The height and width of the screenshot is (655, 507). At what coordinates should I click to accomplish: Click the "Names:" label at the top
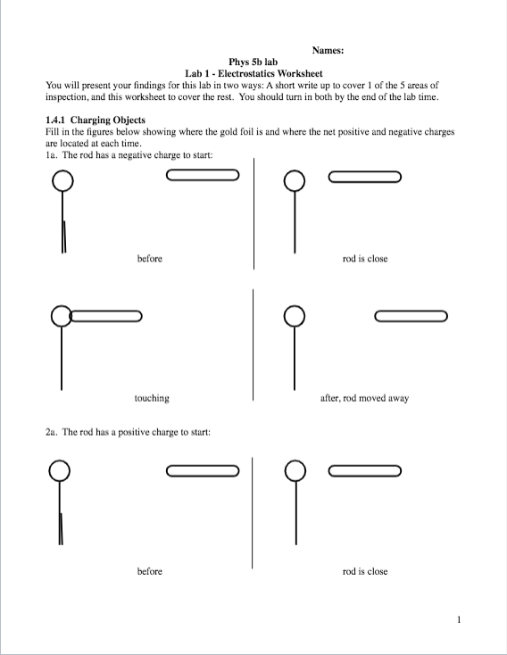328,51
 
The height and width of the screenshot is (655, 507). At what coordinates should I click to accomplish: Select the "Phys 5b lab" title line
253,62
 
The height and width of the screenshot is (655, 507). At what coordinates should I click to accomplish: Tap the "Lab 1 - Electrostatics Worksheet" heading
253,73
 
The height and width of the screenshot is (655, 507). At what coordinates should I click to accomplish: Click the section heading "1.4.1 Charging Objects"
95,120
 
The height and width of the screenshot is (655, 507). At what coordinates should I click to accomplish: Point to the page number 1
458,618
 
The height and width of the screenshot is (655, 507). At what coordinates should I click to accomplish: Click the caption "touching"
152,398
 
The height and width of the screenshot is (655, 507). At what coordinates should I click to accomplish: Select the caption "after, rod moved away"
364,398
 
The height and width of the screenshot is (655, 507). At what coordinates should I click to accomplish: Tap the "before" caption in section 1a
150,259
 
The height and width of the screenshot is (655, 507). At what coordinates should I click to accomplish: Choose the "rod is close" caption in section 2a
365,571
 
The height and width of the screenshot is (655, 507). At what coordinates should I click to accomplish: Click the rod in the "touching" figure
106,316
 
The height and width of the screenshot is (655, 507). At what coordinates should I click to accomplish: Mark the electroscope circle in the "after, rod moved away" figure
295,316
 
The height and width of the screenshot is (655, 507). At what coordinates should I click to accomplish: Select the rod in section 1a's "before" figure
203,176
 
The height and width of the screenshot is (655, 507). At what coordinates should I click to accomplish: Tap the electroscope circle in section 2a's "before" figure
60,470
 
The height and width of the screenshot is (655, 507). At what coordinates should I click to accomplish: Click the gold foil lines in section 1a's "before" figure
63,236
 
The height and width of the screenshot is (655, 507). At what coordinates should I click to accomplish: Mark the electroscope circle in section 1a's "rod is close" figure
295,181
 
